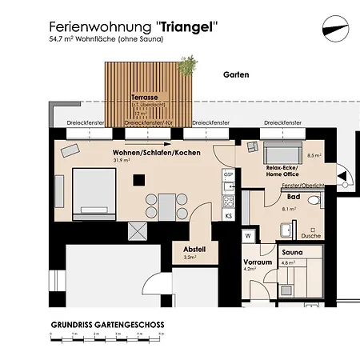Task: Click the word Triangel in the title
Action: click(189, 26)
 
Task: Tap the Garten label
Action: click(237, 75)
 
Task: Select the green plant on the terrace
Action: click(189, 64)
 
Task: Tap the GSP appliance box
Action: click(228, 174)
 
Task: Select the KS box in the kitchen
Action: click(229, 216)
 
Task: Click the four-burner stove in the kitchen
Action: click(228, 200)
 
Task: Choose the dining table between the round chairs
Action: click(166, 205)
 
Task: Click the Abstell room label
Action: click(194, 249)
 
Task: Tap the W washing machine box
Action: click(249, 236)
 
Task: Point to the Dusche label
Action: click(310, 237)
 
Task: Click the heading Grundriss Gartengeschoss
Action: click(108, 324)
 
